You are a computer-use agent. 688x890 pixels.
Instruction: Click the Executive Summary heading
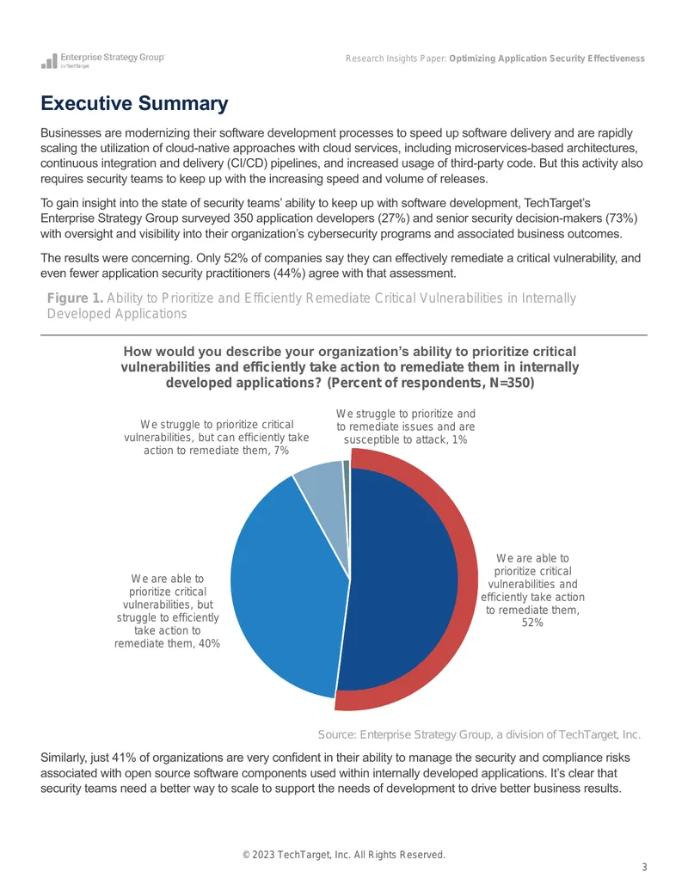pyautogui.click(x=134, y=103)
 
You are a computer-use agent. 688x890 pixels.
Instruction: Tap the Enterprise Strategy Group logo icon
pyautogui.click(x=49, y=61)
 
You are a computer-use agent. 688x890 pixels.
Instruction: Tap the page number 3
pyautogui.click(x=644, y=868)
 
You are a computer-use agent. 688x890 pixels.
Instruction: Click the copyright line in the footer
pyautogui.click(x=344, y=855)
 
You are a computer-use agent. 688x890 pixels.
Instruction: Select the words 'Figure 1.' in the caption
pyautogui.click(x=75, y=298)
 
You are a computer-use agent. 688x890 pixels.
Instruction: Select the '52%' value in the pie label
pyautogui.click(x=532, y=623)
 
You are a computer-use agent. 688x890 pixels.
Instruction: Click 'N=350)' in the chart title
pyautogui.click(x=512, y=384)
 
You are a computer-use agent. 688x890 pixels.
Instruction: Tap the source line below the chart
pyautogui.click(x=479, y=734)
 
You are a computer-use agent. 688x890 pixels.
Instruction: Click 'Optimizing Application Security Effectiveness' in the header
pyautogui.click(x=547, y=58)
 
